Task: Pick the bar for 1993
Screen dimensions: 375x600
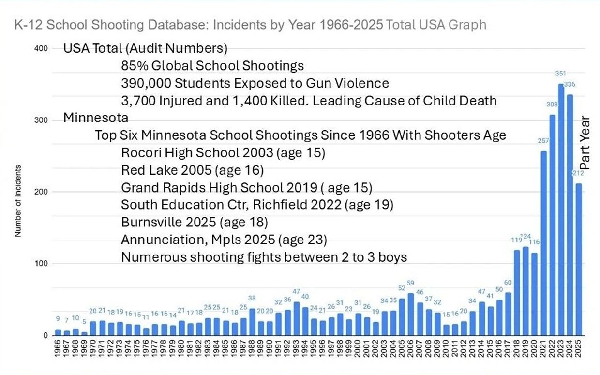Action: pyautogui.click(x=297, y=319)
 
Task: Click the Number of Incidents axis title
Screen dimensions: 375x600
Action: pyautogui.click(x=18, y=201)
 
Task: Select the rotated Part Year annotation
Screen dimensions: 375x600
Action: pyautogui.click(x=585, y=143)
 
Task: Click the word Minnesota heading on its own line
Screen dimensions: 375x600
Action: pyautogui.click(x=96, y=118)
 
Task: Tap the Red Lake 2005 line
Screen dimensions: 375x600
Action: pyautogui.click(x=192, y=170)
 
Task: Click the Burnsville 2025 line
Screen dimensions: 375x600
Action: pyautogui.click(x=195, y=222)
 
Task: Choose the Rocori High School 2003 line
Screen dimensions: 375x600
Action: pyautogui.click(x=223, y=153)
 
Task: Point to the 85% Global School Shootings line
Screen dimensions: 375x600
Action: pyautogui.click(x=212, y=66)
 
